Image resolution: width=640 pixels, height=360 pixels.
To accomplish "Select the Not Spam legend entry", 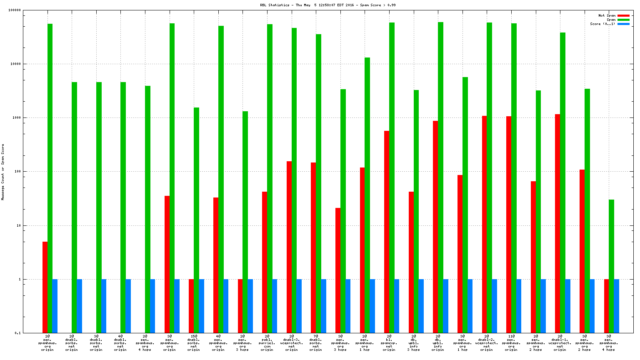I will [607, 15].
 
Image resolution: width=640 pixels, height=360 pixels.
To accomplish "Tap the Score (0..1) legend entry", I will [602, 24].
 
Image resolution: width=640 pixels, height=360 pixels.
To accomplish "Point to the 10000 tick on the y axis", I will [15, 64].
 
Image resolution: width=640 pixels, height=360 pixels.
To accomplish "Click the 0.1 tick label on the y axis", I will [17, 333].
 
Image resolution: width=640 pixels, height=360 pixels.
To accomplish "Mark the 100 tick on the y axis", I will [17, 172].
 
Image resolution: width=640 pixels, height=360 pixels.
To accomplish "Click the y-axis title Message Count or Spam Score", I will [3, 172].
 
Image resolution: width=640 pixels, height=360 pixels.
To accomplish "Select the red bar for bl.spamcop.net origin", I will [387, 232].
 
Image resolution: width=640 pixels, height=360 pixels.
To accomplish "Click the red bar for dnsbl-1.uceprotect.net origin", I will [557, 223].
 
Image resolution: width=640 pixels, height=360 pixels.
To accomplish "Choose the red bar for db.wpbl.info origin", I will [435, 227].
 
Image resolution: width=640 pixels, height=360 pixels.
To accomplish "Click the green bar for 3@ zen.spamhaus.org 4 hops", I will [611, 266].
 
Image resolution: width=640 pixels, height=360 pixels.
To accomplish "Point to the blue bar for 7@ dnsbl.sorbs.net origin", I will [323, 306].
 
